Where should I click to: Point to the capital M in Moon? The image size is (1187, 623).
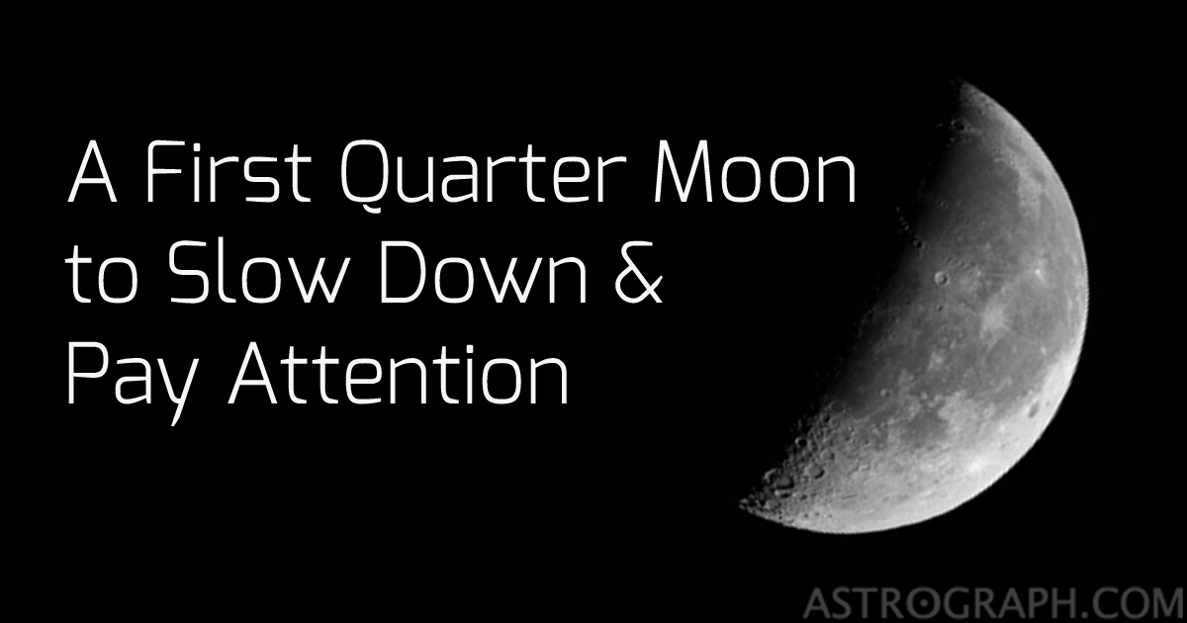click(x=695, y=175)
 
